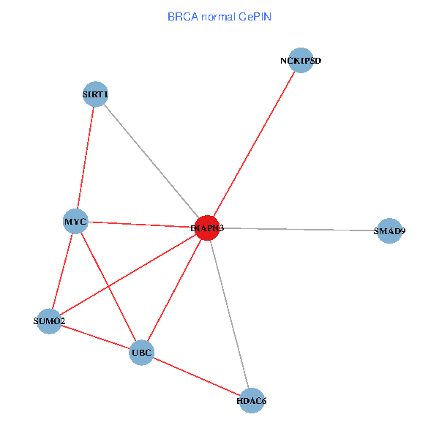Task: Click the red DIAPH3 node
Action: (x=207, y=228)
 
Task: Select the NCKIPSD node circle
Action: (x=301, y=60)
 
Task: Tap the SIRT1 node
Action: (x=96, y=94)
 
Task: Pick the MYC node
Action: (x=76, y=221)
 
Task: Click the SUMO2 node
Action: (x=49, y=321)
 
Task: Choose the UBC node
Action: (x=141, y=353)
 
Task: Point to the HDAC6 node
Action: (x=251, y=400)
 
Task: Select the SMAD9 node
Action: (x=389, y=231)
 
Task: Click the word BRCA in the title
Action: (x=181, y=15)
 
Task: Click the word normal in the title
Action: (x=217, y=15)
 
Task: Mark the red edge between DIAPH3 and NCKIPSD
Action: (x=254, y=144)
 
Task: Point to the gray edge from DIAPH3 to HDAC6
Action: (x=229, y=314)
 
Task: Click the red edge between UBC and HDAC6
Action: (x=196, y=377)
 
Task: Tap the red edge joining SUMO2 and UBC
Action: (x=95, y=337)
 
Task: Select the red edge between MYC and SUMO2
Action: (x=63, y=271)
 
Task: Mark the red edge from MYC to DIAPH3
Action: (x=139, y=224)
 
